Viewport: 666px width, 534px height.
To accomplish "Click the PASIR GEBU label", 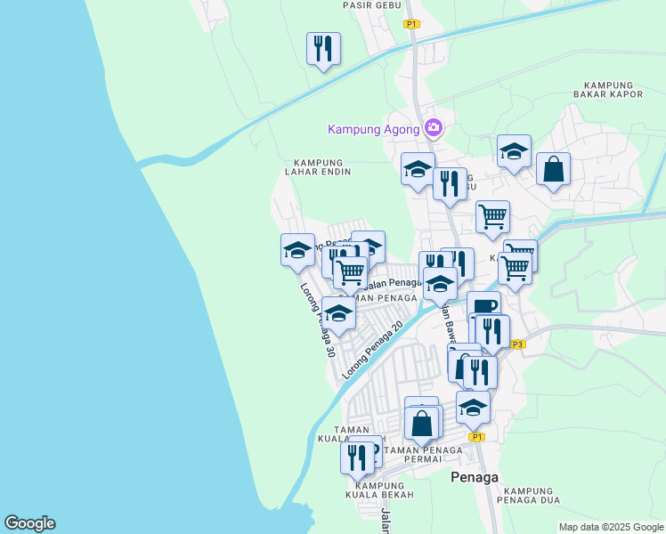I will [370, 4].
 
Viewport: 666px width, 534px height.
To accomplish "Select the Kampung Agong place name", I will [373, 129].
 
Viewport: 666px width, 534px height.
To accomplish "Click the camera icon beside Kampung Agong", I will [434, 128].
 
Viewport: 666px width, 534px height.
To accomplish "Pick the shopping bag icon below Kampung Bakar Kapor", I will [553, 168].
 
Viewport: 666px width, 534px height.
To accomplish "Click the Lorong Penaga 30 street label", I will [317, 320].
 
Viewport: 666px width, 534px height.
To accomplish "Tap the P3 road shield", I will [519, 344].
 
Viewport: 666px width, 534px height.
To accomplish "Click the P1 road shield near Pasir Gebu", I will [411, 24].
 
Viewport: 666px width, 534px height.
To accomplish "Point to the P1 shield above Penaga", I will [477, 437].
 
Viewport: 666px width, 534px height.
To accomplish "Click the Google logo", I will [29, 523].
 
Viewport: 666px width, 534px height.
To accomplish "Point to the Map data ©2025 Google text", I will [611, 527].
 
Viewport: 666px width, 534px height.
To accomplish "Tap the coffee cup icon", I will [483, 308].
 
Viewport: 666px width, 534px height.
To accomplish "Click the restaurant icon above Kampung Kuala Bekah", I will [357, 457].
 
